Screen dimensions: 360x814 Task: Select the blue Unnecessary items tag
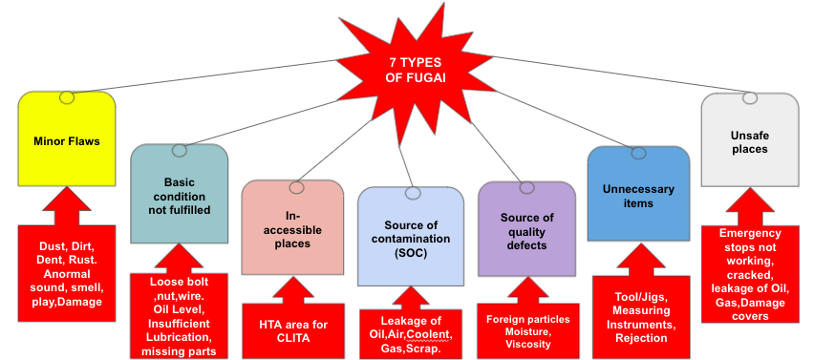(x=637, y=196)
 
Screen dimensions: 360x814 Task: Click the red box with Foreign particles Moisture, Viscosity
(x=527, y=330)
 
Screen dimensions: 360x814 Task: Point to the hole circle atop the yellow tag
(x=66, y=97)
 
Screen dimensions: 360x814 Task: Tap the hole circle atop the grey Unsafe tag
(x=750, y=98)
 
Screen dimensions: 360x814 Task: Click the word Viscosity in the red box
(x=527, y=345)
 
